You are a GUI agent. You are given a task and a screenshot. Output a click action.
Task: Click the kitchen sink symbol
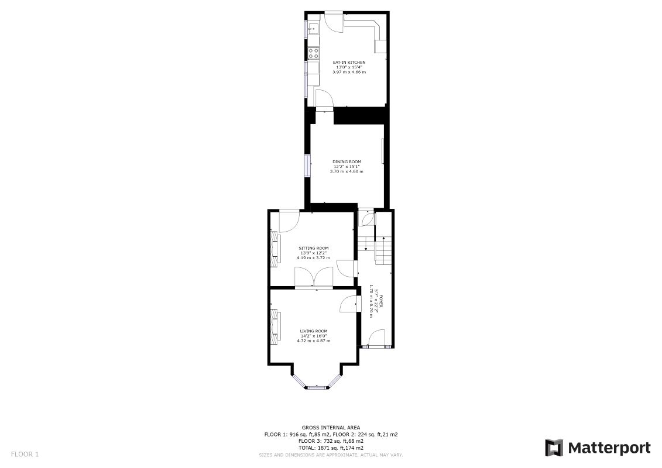(x=313, y=27)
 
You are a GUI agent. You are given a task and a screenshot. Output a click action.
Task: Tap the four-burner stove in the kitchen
(x=313, y=53)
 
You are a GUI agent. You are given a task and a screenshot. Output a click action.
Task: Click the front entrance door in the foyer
(x=376, y=339)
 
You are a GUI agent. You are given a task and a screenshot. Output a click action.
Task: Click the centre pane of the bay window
(x=316, y=387)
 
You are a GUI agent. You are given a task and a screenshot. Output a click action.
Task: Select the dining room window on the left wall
(x=307, y=165)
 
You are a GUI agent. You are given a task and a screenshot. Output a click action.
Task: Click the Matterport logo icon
(x=554, y=448)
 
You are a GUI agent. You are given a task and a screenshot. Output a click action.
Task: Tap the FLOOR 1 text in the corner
(x=25, y=454)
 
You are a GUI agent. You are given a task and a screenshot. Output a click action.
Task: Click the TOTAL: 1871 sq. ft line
(x=331, y=448)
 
